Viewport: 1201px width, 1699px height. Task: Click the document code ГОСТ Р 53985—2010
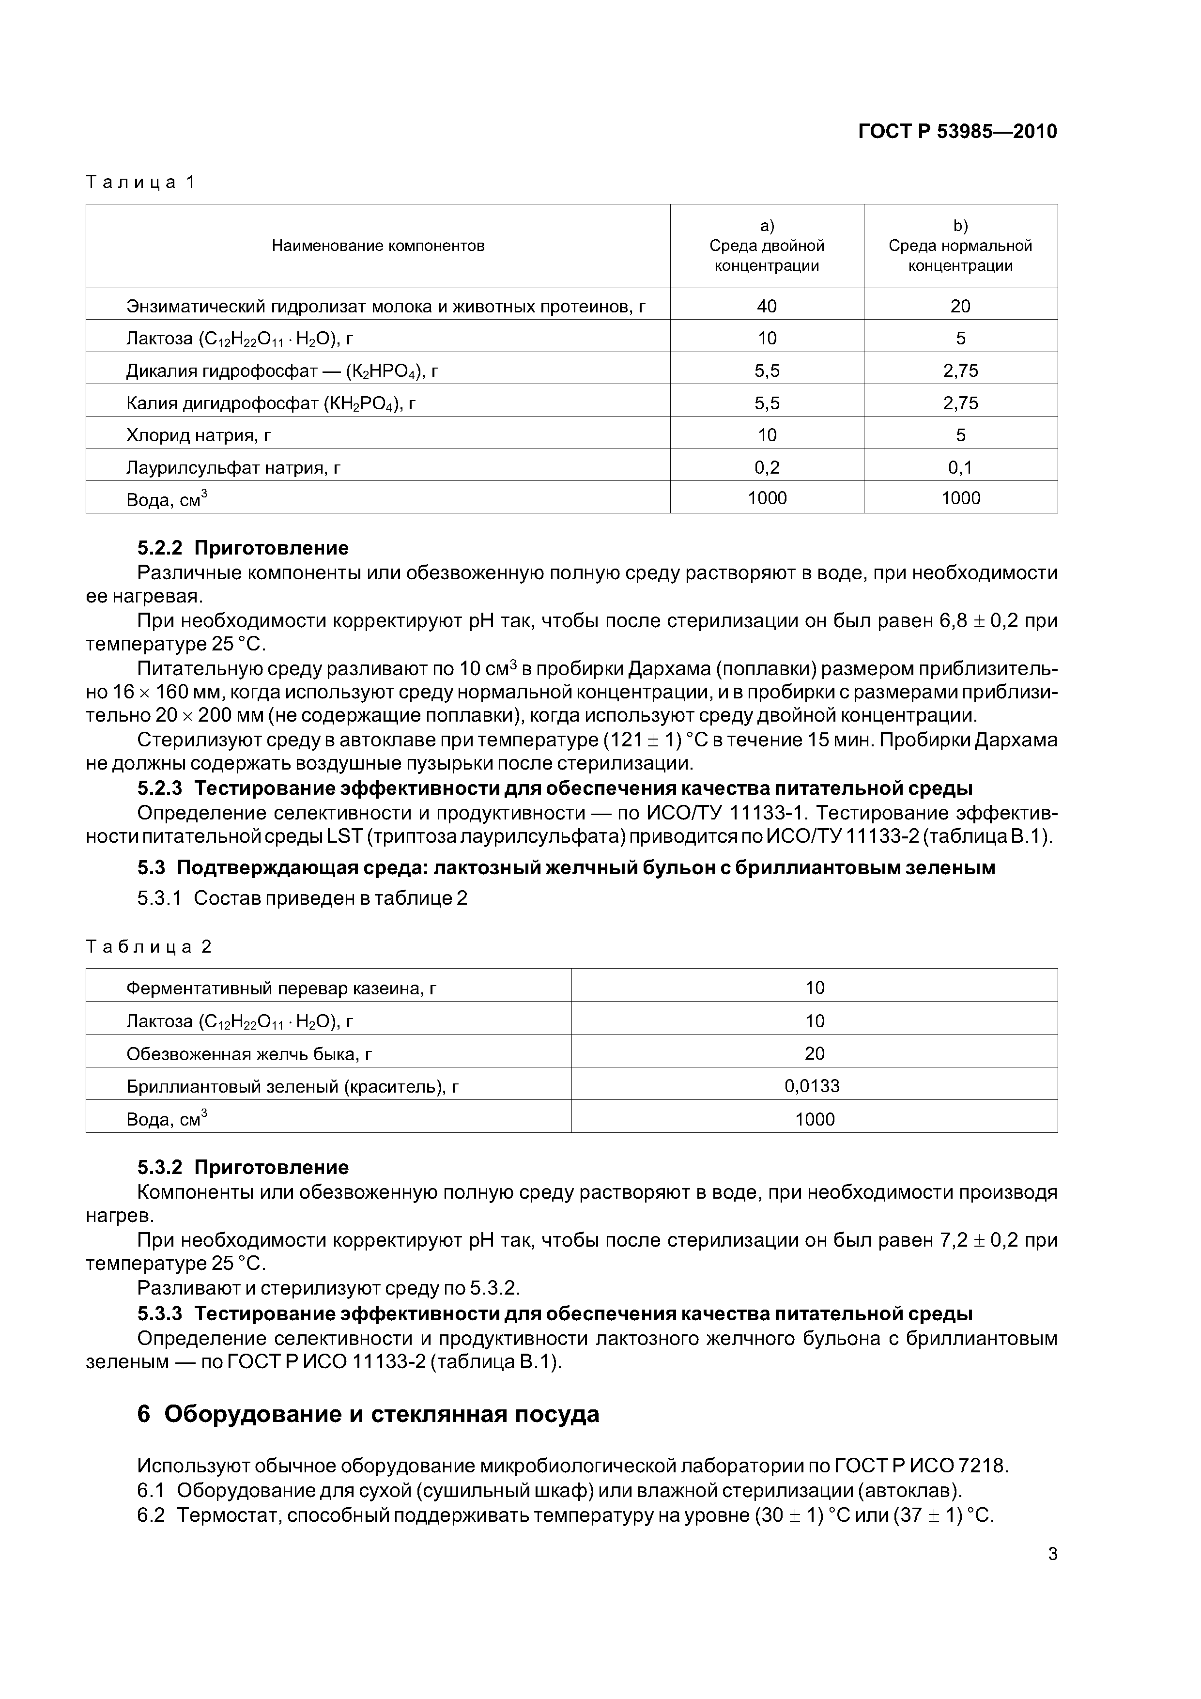click(957, 132)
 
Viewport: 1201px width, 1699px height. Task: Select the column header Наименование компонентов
click(378, 246)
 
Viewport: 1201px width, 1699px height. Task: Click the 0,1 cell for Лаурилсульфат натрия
click(960, 467)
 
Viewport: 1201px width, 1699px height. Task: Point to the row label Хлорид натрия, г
click(199, 435)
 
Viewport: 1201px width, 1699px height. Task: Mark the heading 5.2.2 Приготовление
click(243, 548)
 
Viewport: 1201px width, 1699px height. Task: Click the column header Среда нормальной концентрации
click(960, 246)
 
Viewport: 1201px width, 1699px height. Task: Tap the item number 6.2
click(151, 1515)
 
